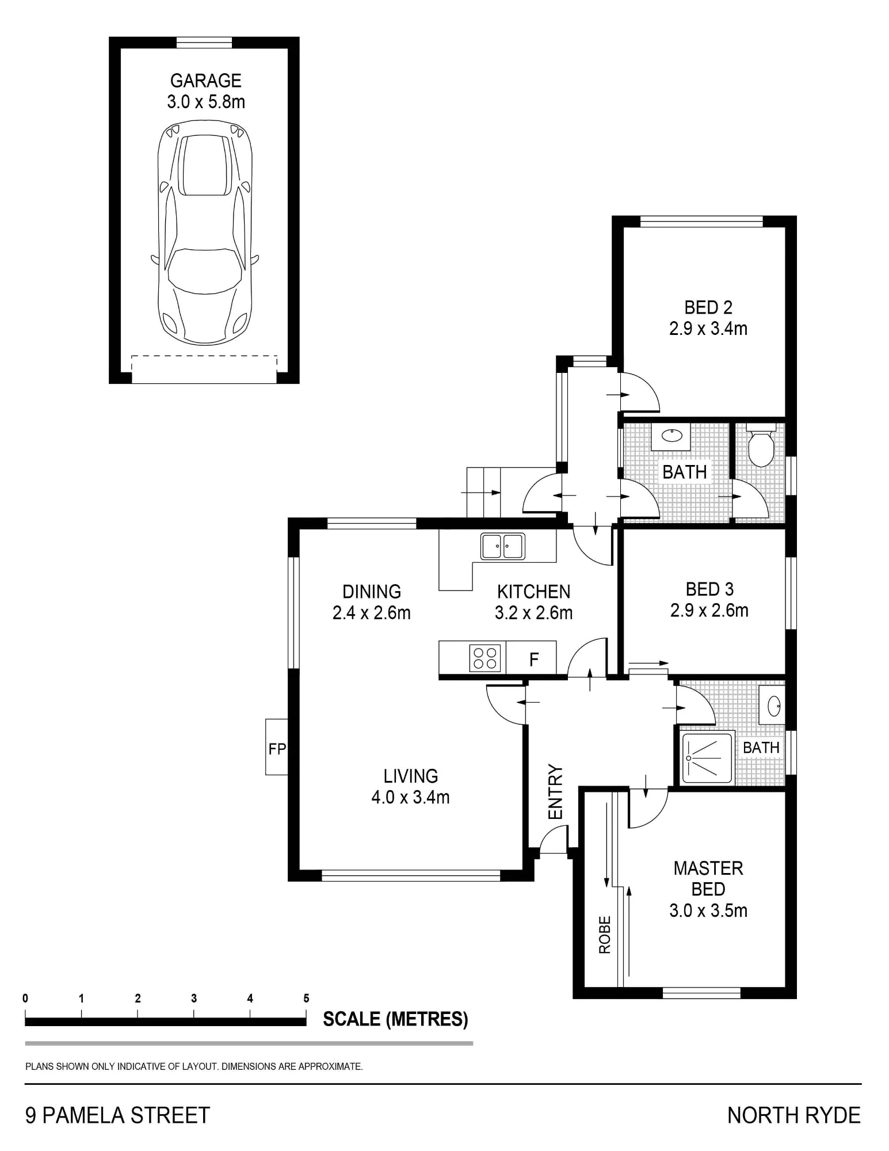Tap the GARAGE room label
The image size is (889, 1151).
tap(206, 81)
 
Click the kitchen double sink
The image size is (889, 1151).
tap(502, 546)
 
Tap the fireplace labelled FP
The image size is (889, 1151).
tap(277, 747)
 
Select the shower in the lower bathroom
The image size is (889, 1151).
tap(708, 757)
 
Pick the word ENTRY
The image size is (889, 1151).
tap(555, 792)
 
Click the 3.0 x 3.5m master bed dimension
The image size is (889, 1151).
tap(708, 911)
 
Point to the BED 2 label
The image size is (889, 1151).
tap(708, 307)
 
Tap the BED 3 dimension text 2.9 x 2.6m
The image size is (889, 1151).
tap(709, 610)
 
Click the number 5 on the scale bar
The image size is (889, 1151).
tap(306, 998)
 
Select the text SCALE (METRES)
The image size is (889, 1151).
tap(395, 1019)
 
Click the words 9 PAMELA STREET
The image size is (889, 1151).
tap(118, 1115)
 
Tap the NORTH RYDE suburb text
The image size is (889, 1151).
tap(794, 1115)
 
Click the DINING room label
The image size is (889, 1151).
tap(372, 592)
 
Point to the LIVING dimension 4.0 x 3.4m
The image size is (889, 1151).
tap(410, 797)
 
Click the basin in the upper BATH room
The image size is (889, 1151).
tap(671, 436)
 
